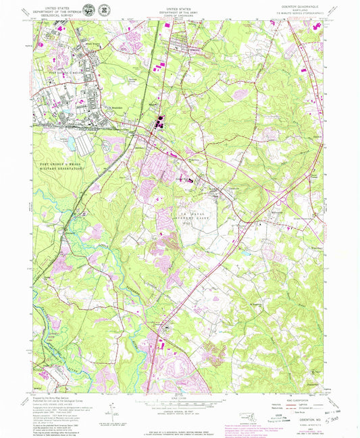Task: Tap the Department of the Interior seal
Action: coord(88,10)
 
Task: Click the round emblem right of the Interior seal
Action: coord(104,10)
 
